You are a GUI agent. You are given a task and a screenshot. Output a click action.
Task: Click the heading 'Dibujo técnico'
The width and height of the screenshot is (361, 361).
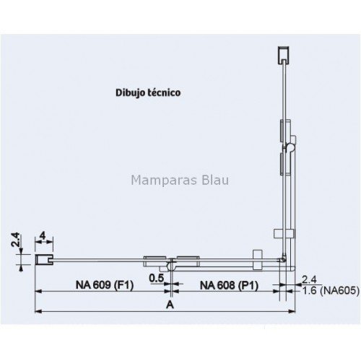point(148,92)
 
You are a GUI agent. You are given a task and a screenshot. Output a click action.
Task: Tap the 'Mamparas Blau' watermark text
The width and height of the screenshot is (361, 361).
point(180,180)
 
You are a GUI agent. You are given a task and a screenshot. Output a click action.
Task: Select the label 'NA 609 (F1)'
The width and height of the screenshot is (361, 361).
point(105,285)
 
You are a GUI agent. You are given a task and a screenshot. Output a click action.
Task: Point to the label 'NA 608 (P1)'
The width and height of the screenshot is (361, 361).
point(229,286)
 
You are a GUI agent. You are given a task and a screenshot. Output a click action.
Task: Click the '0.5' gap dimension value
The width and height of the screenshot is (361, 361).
point(157,278)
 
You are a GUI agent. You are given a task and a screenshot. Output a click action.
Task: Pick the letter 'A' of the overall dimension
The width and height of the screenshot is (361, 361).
point(170,305)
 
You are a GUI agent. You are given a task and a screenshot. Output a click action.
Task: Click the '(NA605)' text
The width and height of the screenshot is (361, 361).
point(340,291)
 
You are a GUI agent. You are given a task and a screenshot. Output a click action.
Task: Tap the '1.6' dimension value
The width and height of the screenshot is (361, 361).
point(309,291)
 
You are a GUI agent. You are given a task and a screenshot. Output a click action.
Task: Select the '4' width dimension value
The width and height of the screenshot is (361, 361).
point(43,235)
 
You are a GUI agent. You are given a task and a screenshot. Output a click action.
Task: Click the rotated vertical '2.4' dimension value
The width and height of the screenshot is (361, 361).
point(15,240)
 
